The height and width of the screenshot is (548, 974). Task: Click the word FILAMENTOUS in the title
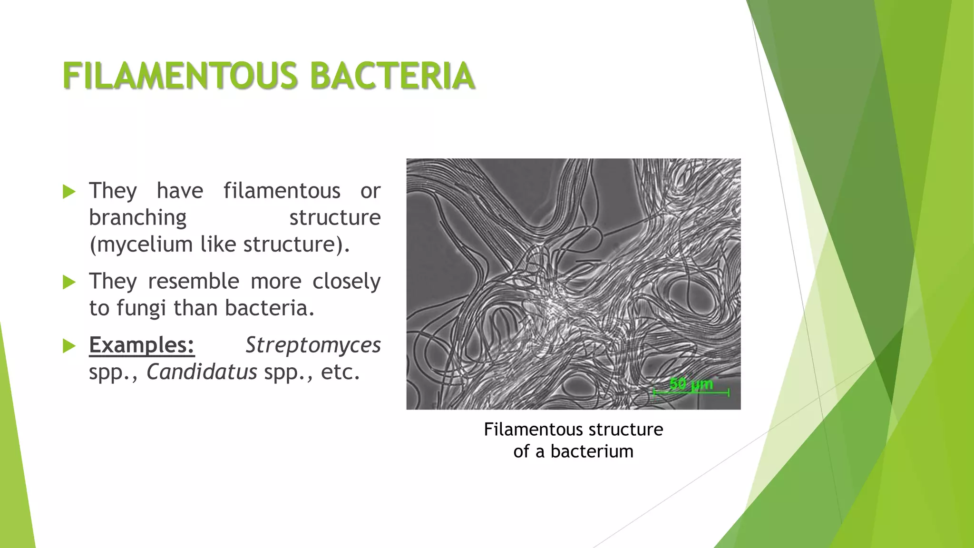click(x=181, y=76)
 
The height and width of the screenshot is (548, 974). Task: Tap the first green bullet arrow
click(x=69, y=192)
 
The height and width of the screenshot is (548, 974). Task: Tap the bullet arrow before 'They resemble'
click(x=69, y=283)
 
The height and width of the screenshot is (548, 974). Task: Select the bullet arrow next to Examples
click(x=69, y=346)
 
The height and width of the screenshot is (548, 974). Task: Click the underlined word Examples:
click(x=142, y=345)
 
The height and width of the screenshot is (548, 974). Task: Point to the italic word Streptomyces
click(x=313, y=345)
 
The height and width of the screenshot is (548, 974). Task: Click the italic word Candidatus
click(x=202, y=372)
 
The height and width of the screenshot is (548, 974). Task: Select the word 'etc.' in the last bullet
click(x=340, y=372)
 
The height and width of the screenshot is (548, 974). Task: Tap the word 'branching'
click(x=138, y=218)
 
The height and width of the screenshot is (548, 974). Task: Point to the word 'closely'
click(x=346, y=281)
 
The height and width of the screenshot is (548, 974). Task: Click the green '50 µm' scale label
click(x=691, y=383)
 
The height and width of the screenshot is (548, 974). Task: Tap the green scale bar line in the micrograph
click(x=691, y=393)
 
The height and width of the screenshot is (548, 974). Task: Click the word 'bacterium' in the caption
click(x=592, y=451)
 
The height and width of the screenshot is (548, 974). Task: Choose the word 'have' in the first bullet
click(x=180, y=191)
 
